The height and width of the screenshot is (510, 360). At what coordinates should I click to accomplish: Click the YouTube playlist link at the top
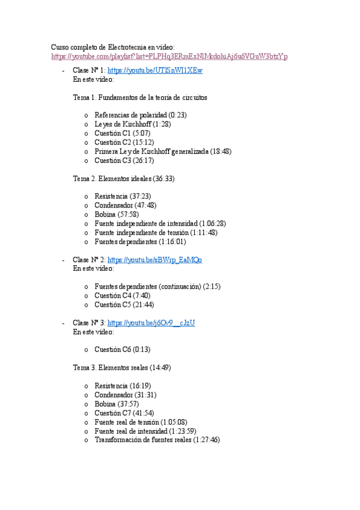(x=169, y=57)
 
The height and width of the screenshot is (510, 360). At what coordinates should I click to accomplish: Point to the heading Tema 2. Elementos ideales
(x=124, y=179)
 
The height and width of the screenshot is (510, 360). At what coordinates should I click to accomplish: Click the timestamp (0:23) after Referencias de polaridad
(x=177, y=115)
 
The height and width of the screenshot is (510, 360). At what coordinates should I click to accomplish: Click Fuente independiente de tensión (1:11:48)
(x=156, y=232)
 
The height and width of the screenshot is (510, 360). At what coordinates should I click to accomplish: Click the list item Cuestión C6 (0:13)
(x=122, y=349)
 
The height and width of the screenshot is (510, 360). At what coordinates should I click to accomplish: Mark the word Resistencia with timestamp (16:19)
(x=111, y=386)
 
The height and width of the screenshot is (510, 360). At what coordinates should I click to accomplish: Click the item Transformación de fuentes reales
(x=143, y=440)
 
